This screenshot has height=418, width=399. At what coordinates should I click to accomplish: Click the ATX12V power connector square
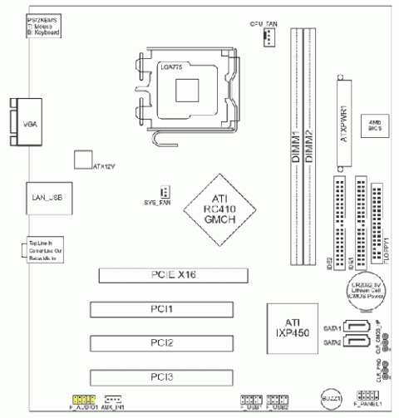[x=81, y=160]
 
